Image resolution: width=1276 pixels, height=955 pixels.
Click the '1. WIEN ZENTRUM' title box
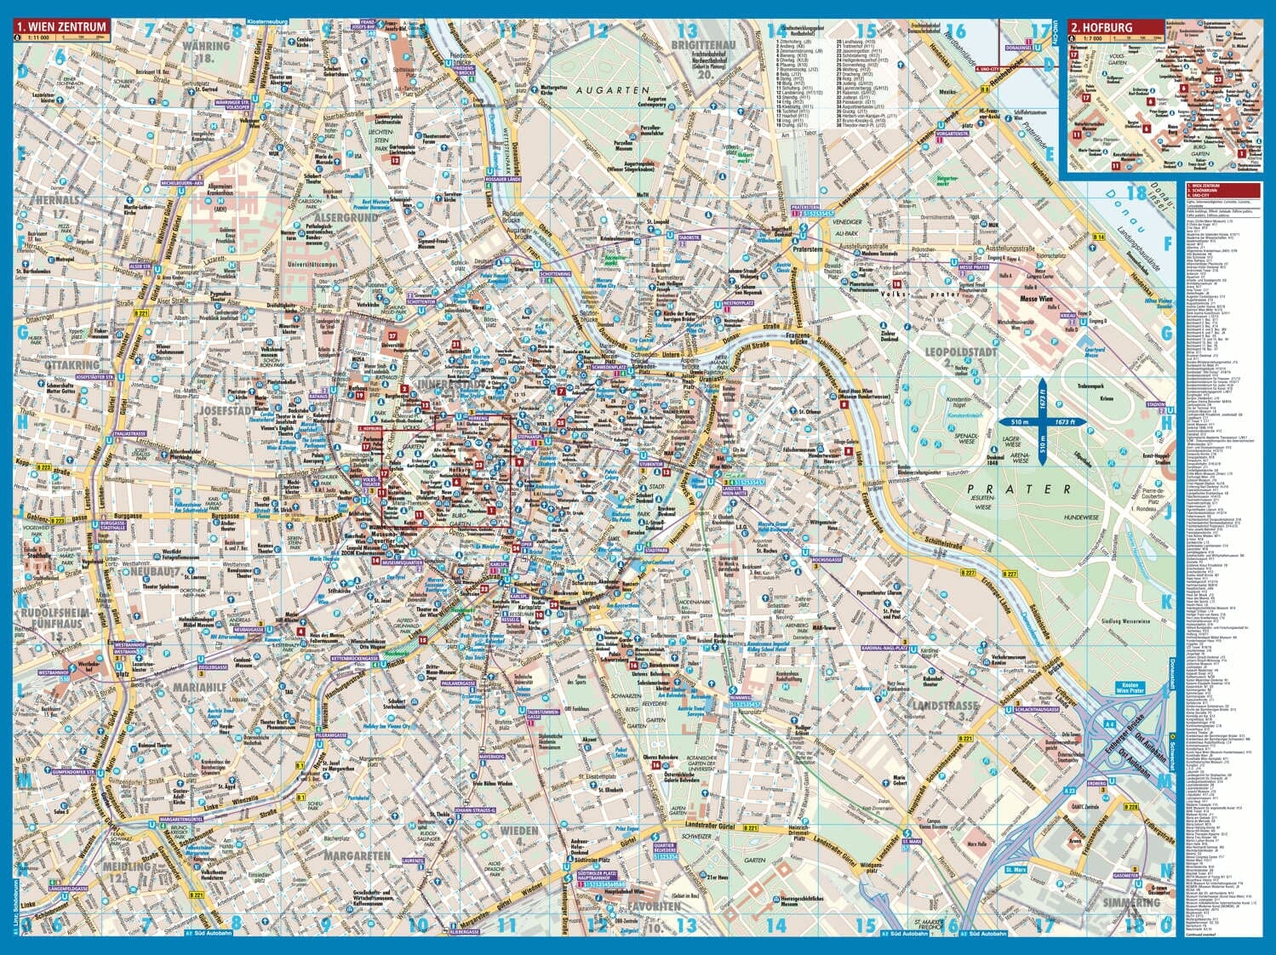coord(61,26)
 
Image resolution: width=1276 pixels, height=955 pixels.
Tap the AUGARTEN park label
coord(609,89)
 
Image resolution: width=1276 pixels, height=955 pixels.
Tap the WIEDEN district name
coord(518,829)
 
